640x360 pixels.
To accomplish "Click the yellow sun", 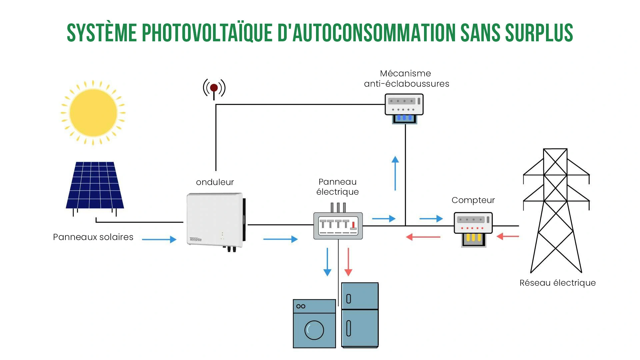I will click(93, 113).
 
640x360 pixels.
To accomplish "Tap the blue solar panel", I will click(95, 185).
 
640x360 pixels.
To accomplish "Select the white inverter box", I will click(215, 220).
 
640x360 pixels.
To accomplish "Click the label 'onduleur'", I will click(215, 182).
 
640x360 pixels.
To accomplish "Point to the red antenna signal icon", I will click(214, 88).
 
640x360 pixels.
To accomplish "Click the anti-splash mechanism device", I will click(404, 107).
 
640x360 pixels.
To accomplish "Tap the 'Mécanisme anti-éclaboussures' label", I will click(406, 79).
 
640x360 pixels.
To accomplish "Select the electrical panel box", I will click(338, 226).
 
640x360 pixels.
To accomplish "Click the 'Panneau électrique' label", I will click(338, 187).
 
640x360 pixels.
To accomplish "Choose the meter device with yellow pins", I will click(473, 229).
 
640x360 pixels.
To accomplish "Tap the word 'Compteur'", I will click(473, 200).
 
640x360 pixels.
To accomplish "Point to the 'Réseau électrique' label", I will click(557, 283).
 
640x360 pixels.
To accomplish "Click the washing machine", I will click(314, 324).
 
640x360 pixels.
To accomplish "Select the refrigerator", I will click(360, 315).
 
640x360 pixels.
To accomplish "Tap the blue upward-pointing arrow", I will click(395, 173).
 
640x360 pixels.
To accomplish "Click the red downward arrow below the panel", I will click(348, 262).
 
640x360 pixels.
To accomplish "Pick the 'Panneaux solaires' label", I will click(93, 237).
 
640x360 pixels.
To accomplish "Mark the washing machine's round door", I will click(314, 330).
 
